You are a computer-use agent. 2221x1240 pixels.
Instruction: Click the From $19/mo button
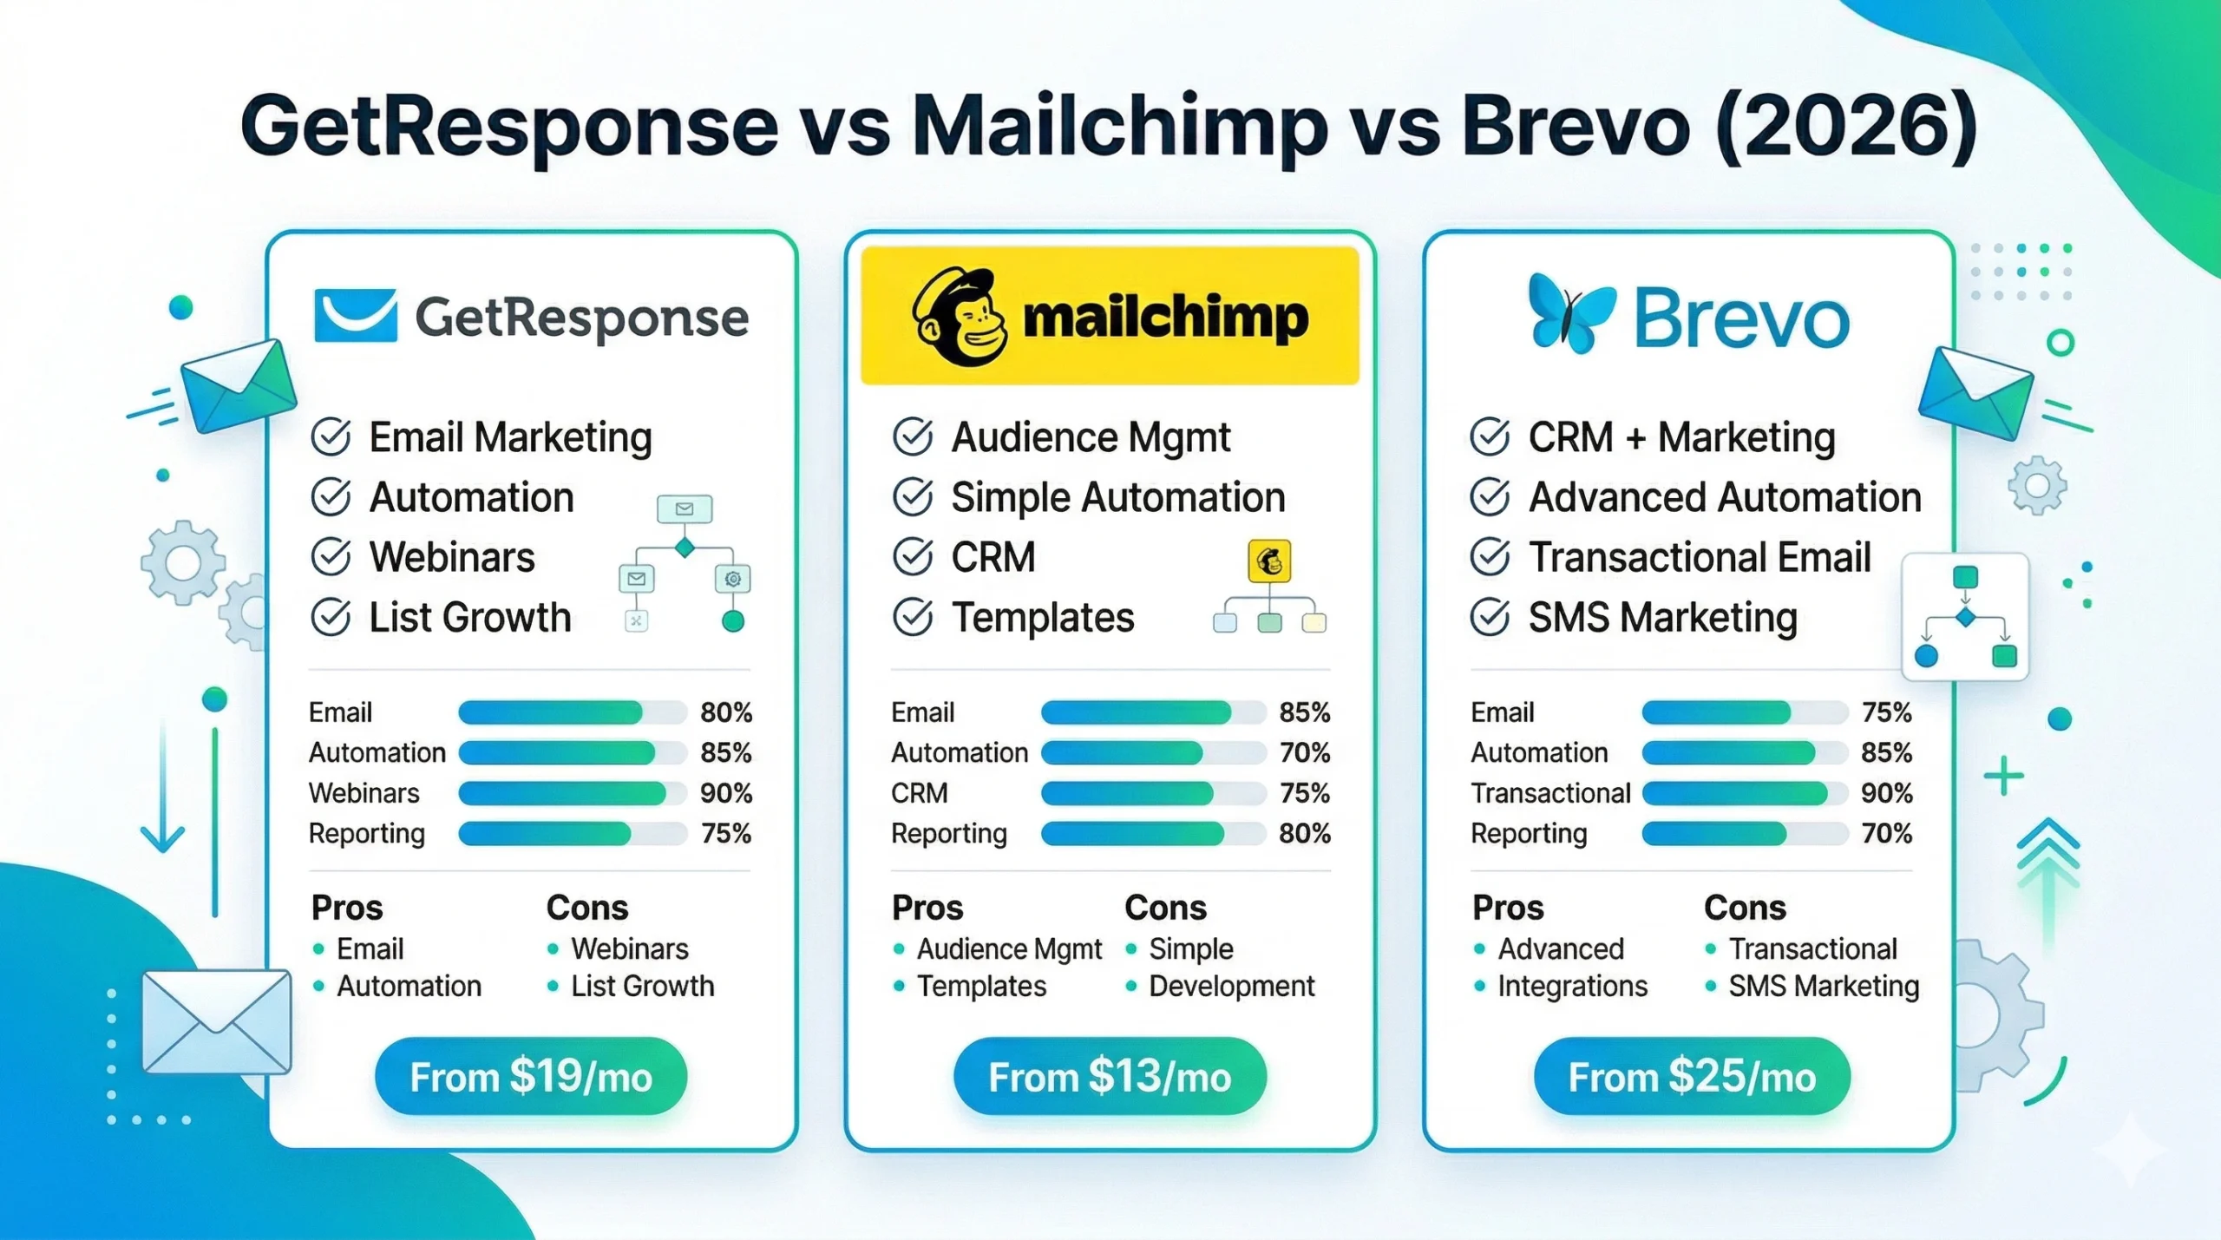(x=531, y=1076)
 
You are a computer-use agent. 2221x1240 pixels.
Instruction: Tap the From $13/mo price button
(x=1110, y=1076)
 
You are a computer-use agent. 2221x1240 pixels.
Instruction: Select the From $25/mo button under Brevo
(x=1692, y=1076)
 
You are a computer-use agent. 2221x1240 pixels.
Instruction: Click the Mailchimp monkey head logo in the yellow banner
(x=959, y=317)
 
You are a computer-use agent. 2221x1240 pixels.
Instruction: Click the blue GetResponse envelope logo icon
(x=356, y=316)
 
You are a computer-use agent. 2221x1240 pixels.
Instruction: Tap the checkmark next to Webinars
(x=331, y=557)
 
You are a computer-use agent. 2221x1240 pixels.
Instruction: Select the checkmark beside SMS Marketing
(x=1490, y=618)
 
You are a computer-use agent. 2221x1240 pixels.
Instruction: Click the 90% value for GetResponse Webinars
(x=726, y=793)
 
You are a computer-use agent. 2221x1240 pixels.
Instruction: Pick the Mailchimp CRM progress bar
(x=1152, y=793)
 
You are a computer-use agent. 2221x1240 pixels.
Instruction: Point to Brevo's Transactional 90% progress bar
(x=1744, y=793)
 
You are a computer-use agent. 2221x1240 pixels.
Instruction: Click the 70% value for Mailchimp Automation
(x=1305, y=752)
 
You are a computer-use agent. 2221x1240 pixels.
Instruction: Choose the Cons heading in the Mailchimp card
(x=1165, y=908)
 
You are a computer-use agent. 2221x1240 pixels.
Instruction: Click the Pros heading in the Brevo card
(x=1508, y=908)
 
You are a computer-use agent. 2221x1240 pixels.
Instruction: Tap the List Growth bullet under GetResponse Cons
(x=642, y=987)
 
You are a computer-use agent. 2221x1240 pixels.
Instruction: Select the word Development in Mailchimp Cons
(x=1231, y=987)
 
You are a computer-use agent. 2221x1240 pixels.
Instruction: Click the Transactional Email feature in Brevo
(x=1699, y=557)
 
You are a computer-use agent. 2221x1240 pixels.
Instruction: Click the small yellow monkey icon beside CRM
(x=1269, y=561)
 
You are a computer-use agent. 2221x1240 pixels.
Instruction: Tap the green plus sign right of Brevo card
(x=2003, y=775)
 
